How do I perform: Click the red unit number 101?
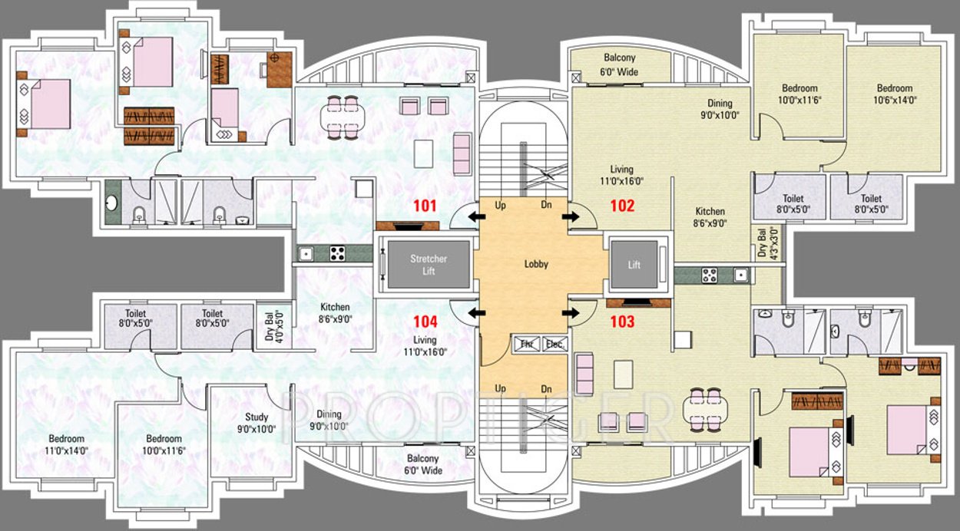424,206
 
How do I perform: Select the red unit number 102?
622,206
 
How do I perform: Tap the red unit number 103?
622,322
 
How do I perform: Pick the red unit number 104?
424,322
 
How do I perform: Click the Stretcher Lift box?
428,265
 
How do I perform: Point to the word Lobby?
536,264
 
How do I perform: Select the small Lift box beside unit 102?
634,265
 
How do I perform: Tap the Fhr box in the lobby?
527,345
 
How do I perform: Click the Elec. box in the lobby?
553,345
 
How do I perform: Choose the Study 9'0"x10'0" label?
256,424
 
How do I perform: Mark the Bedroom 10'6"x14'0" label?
894,94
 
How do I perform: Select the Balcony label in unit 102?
620,64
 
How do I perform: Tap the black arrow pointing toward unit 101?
478,218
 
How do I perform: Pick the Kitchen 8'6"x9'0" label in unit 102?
710,217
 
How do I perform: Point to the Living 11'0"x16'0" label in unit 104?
424,345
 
